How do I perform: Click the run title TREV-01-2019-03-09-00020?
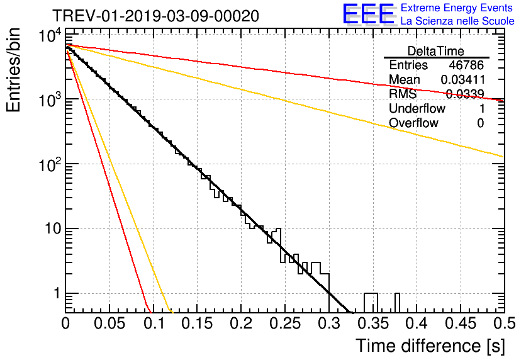click(155, 16)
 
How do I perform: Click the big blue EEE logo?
click(368, 14)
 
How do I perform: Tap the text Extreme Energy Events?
click(457, 8)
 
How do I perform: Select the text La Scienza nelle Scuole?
click(457, 21)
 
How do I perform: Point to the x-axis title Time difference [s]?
click(429, 346)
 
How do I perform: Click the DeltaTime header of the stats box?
click(436, 50)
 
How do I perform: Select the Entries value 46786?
click(466, 65)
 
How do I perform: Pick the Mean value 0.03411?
click(462, 80)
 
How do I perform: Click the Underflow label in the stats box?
click(417, 109)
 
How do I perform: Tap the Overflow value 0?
click(480, 123)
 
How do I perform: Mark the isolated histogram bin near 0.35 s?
click(371, 302)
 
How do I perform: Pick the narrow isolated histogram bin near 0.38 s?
click(398, 302)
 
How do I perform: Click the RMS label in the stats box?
click(402, 94)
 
